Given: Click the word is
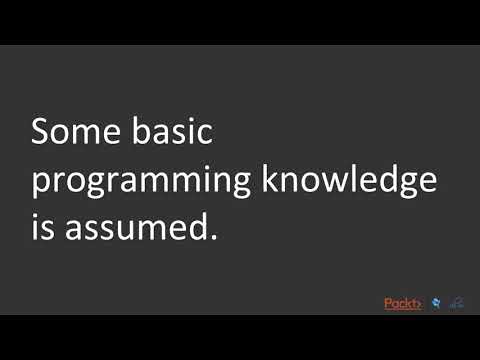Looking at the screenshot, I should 42,228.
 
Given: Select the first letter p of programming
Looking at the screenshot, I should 42,186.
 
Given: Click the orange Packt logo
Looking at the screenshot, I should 402,303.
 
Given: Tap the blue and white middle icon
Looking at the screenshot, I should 435,303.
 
